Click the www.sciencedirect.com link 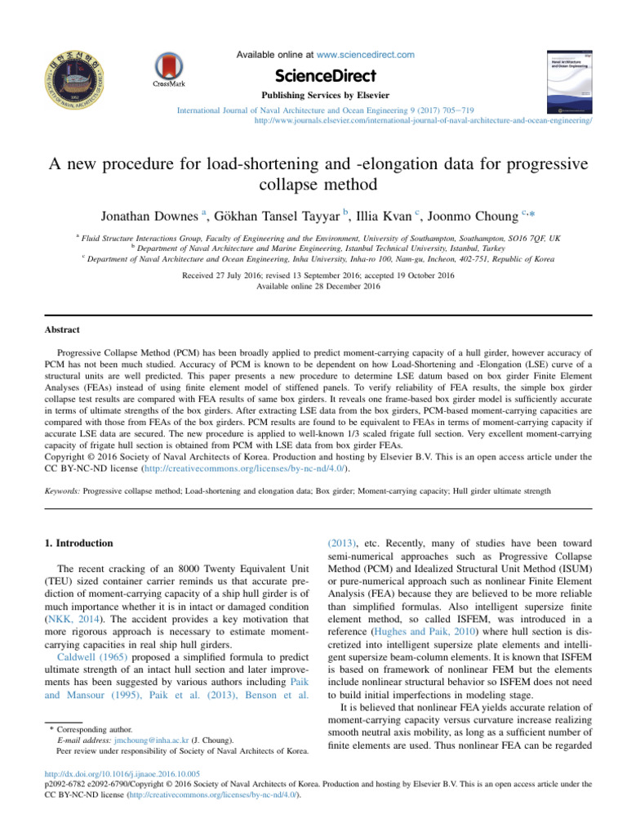coord(371,55)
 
